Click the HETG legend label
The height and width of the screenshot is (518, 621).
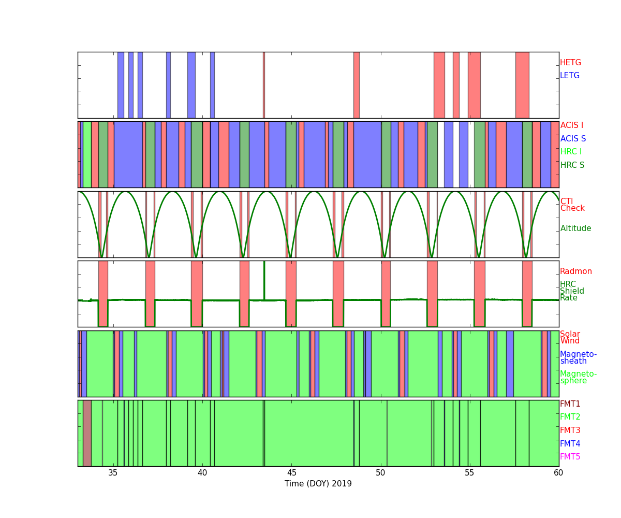(570, 63)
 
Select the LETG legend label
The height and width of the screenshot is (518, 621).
(570, 75)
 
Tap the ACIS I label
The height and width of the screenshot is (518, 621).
(572, 125)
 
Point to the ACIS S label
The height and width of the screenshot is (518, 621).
(573, 138)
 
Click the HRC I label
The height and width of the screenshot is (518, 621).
(571, 152)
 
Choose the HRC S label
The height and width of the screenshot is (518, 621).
(572, 165)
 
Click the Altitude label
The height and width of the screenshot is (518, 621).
(575, 228)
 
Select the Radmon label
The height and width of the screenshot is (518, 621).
(576, 271)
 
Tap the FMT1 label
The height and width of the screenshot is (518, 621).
(570, 404)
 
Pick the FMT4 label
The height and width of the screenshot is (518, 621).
(570, 443)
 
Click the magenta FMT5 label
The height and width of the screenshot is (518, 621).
(570, 456)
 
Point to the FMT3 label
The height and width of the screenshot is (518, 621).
(570, 430)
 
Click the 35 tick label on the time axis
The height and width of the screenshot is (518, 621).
(113, 473)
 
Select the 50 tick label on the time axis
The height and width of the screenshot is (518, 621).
(380, 473)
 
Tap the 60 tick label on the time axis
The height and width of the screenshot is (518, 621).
(558, 473)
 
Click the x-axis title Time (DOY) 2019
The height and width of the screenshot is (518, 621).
(318, 483)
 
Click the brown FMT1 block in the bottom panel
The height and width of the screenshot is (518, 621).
(87, 433)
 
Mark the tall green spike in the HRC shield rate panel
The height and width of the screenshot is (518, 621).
(264, 280)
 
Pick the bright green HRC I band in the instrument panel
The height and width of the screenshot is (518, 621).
(87, 154)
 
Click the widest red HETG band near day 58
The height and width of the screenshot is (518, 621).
(522, 85)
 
